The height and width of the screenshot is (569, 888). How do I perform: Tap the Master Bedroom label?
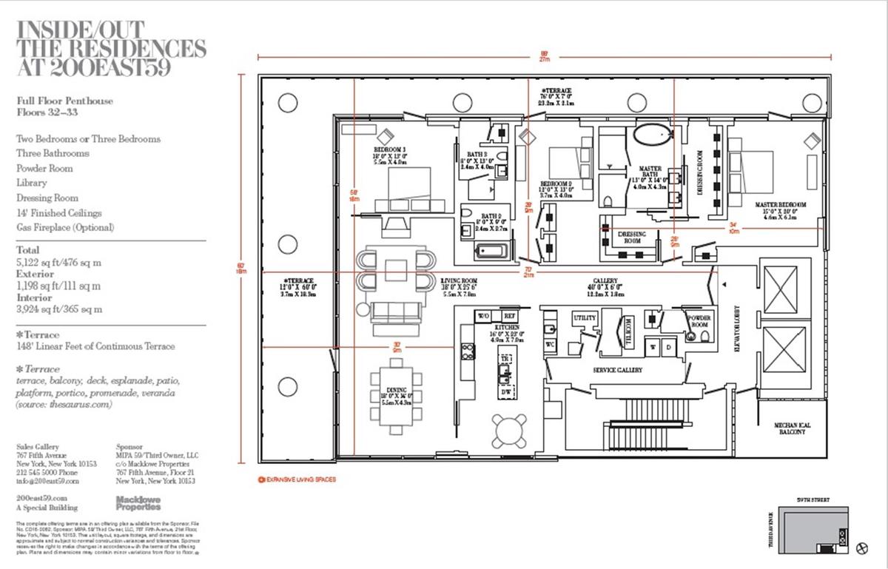point(780,204)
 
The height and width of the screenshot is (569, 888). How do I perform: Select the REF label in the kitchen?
point(509,314)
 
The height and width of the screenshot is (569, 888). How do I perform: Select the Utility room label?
point(585,317)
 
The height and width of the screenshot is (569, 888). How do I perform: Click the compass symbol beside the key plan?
point(861,548)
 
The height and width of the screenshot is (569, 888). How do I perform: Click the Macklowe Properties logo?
point(138,503)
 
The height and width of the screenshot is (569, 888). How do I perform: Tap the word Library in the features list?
point(32,183)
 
